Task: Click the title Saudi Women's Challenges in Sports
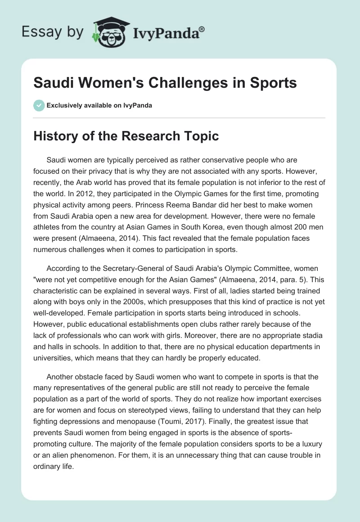click(x=165, y=83)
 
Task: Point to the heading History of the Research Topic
click(x=126, y=136)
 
